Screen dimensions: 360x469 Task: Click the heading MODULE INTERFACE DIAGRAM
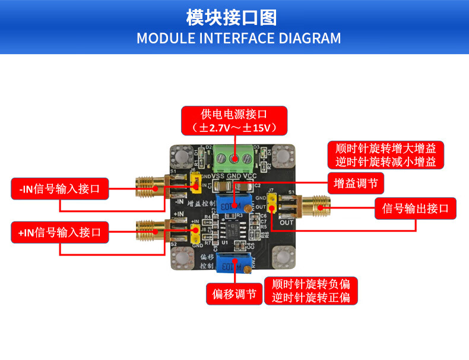tap(239, 39)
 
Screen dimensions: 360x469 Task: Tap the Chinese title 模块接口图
tap(231, 17)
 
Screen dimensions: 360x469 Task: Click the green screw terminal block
tap(235, 157)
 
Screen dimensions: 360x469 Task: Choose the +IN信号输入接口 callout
tap(60, 232)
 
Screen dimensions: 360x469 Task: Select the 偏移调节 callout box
tap(235, 293)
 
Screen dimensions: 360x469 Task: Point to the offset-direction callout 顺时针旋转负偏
tap(315, 290)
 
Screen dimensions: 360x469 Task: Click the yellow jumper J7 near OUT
tap(271, 206)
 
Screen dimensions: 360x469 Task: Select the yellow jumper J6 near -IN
tap(194, 187)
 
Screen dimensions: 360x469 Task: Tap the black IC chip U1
tap(230, 229)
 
